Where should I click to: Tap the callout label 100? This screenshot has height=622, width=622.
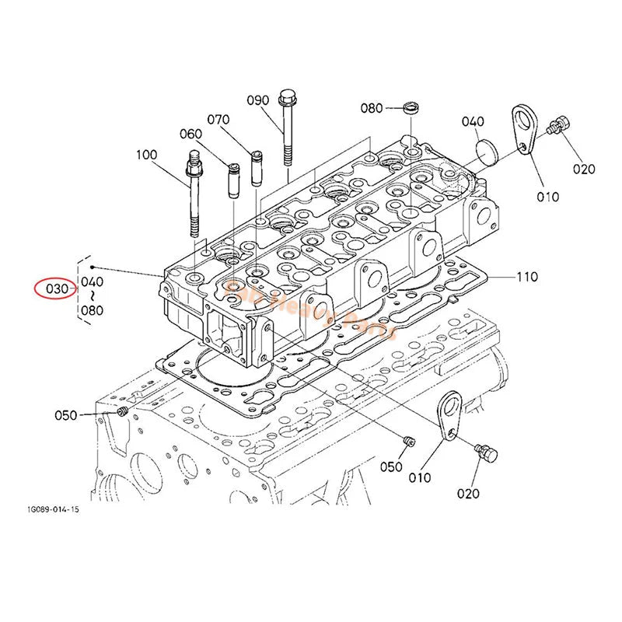[146, 155]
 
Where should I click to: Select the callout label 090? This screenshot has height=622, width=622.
[258, 100]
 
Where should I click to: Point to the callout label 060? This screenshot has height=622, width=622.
[190, 134]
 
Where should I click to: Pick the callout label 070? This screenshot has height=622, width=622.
[218, 120]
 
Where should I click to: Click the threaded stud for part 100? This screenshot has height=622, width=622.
[192, 198]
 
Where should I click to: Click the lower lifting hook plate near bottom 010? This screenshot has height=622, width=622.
[447, 416]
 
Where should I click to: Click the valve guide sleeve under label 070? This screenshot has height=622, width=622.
[255, 169]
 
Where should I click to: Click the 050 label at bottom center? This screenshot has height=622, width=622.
[391, 466]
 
